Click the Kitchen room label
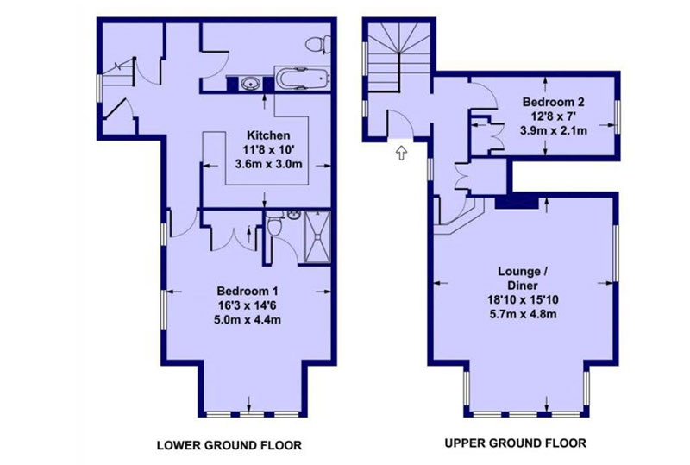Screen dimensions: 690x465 click(268, 135)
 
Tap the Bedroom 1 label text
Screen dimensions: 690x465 click(248, 291)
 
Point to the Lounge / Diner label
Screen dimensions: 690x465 click(523, 278)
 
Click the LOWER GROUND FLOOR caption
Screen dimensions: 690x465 click(229, 445)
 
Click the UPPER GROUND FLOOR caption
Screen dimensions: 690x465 click(515, 443)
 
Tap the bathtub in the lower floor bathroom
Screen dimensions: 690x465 click(302, 79)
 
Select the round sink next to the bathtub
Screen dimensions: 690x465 click(250, 83)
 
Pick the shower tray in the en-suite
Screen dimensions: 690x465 click(317, 236)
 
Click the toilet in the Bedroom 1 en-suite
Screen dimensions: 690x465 click(274, 224)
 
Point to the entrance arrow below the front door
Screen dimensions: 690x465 click(401, 153)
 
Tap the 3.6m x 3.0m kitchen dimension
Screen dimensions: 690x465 click(269, 164)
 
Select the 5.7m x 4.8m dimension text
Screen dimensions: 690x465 click(523, 314)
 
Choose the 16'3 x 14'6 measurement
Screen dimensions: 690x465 click(248, 305)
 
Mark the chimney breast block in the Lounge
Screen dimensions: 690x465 click(517, 203)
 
